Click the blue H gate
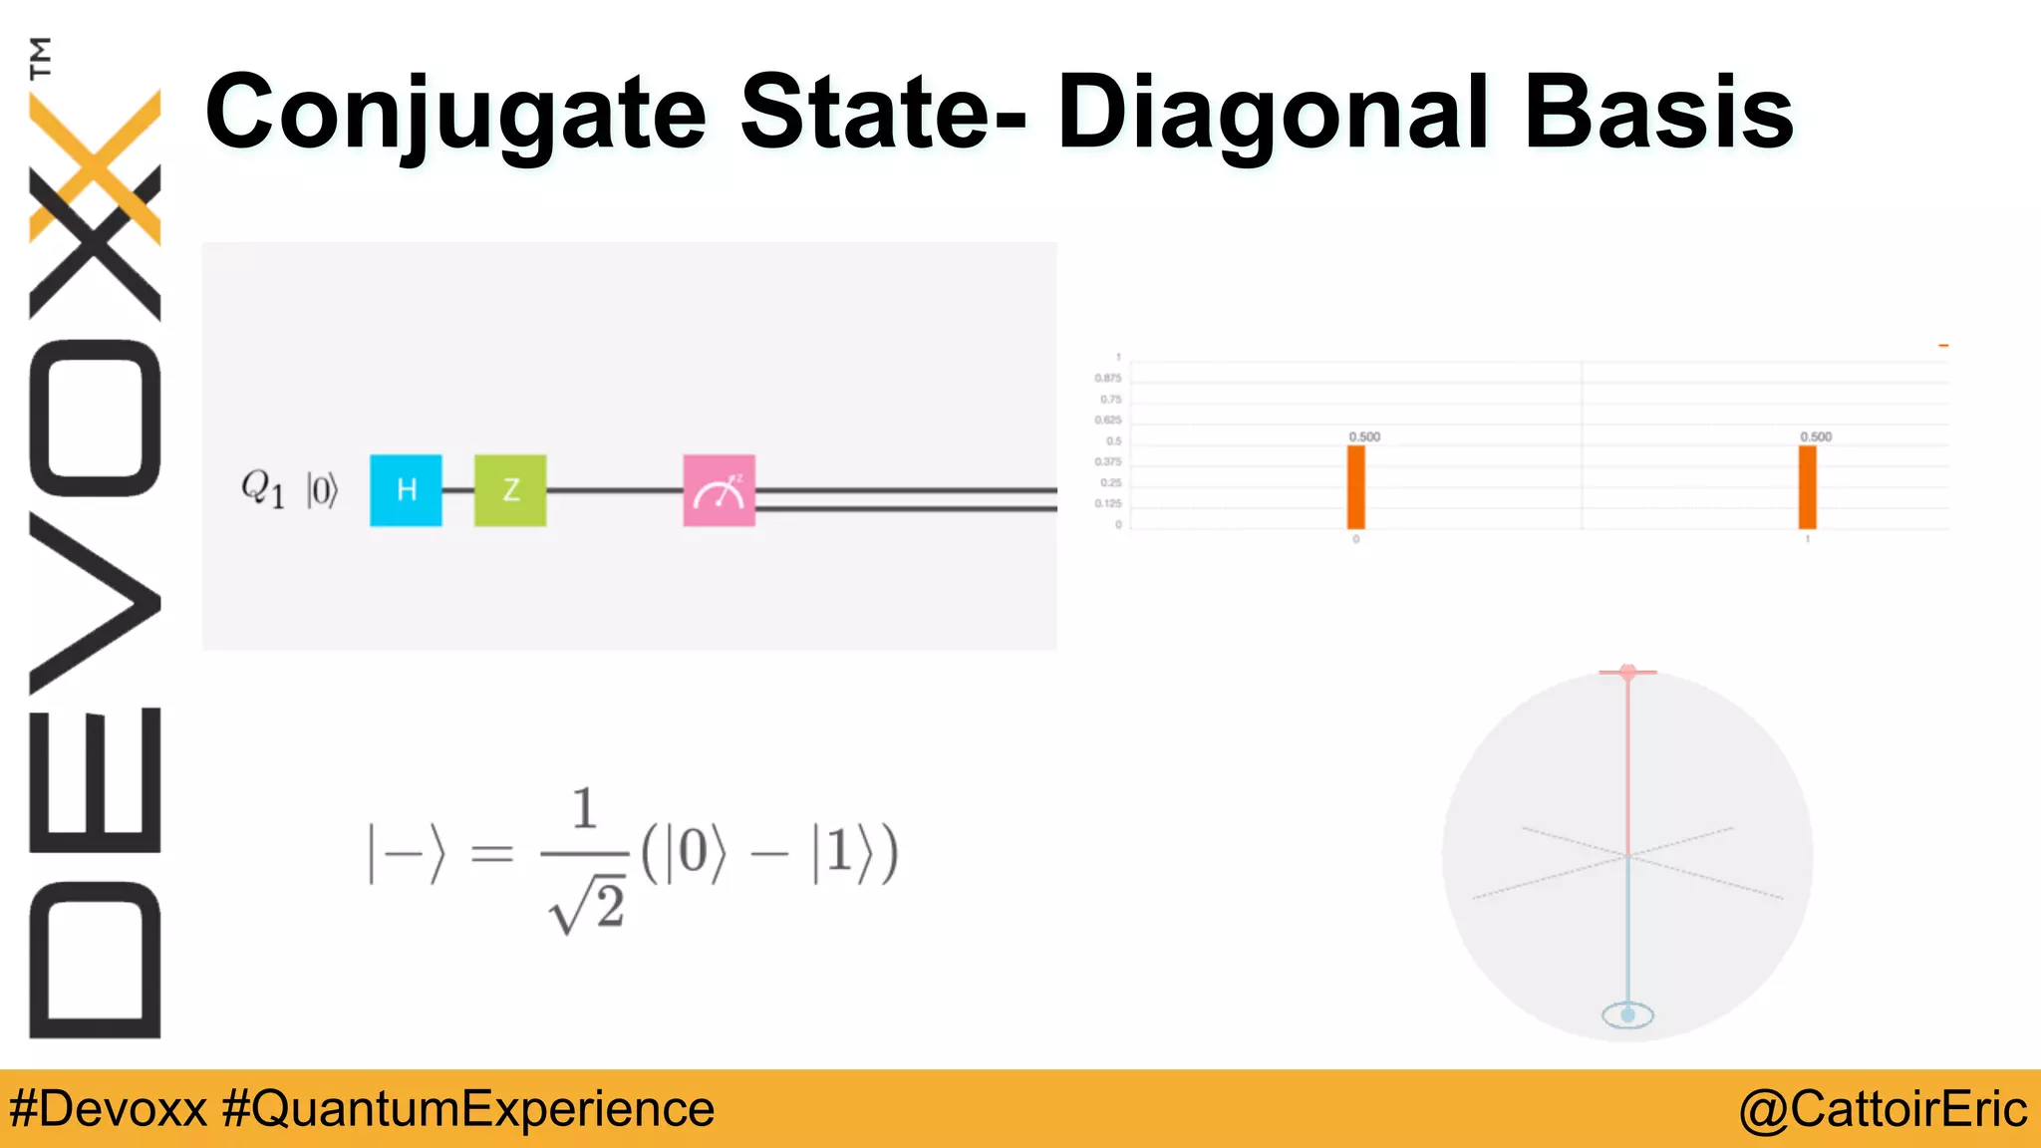point(406,490)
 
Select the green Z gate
point(510,490)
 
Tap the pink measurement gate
point(719,490)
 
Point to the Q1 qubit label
point(263,489)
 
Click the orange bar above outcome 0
point(1356,487)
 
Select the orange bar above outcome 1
point(1808,487)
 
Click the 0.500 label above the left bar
point(1364,436)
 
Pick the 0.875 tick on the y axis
point(1108,379)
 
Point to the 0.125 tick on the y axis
point(1108,504)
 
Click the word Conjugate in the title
point(455,114)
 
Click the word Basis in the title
point(1659,114)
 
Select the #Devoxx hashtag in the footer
point(108,1109)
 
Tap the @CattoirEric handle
point(1883,1109)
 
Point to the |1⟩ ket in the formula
point(835,853)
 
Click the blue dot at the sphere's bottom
point(1627,1015)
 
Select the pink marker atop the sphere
point(1627,673)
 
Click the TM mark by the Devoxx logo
point(41,58)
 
